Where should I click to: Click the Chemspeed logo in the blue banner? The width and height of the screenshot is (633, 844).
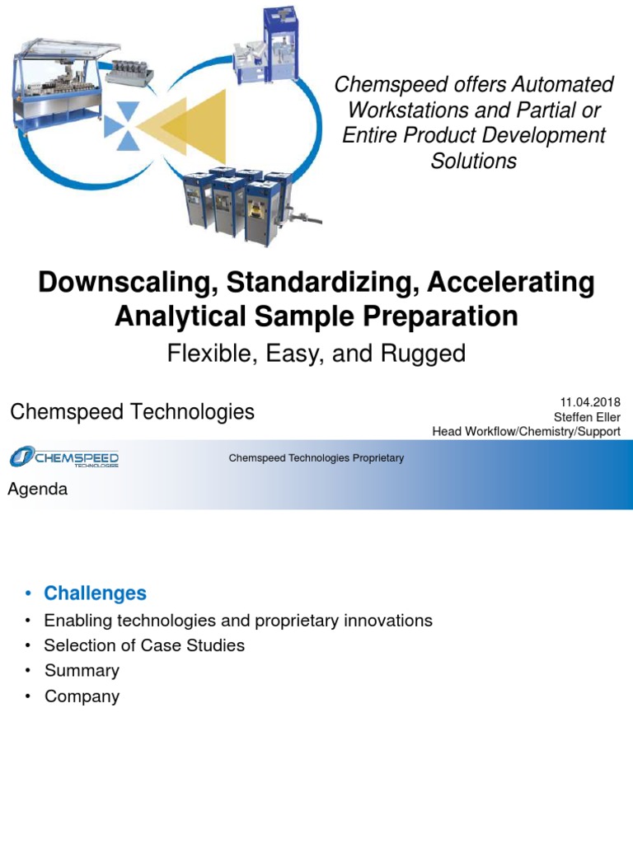click(64, 457)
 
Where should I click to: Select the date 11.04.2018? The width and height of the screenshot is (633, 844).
click(590, 401)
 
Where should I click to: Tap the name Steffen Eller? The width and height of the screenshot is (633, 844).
click(587, 417)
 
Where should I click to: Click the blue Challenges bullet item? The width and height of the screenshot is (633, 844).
click(95, 593)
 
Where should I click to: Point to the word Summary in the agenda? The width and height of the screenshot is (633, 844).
click(82, 671)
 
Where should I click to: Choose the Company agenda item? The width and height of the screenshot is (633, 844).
click(82, 696)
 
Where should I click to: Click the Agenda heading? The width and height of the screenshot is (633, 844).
click(37, 490)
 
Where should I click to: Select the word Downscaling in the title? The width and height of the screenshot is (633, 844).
click(120, 284)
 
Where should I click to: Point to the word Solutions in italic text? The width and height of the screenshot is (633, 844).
click(474, 161)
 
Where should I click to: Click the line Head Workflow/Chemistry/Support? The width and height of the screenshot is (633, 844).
click(526, 432)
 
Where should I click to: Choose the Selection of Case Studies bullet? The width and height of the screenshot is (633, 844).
click(144, 645)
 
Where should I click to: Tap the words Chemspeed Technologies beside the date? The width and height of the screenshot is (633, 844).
click(132, 412)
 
